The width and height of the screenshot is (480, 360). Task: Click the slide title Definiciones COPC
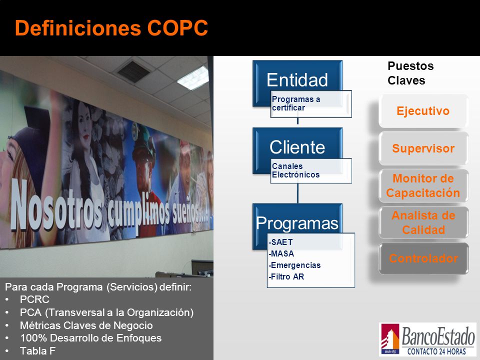(x=111, y=28)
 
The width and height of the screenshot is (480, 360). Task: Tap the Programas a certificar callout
(x=311, y=104)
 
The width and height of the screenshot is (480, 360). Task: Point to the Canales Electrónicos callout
(x=311, y=171)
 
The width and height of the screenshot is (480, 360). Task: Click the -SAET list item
(x=280, y=242)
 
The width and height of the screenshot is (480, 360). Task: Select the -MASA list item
(x=281, y=254)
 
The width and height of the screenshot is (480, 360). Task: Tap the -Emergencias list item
(x=294, y=265)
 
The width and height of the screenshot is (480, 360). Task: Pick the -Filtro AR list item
(x=286, y=276)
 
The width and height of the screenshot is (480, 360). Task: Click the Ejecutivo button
(x=423, y=111)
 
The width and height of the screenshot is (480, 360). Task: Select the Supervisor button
(x=423, y=148)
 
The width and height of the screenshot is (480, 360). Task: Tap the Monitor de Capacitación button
(x=423, y=186)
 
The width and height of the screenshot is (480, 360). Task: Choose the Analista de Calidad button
(x=423, y=222)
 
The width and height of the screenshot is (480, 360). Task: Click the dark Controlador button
(x=423, y=258)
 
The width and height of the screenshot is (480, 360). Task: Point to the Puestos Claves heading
(x=410, y=73)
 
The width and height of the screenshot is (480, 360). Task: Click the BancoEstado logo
(x=427, y=339)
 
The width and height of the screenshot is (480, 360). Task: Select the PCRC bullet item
(x=34, y=299)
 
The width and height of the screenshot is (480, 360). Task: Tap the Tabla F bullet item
(x=37, y=351)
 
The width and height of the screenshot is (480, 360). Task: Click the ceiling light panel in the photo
(x=193, y=78)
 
